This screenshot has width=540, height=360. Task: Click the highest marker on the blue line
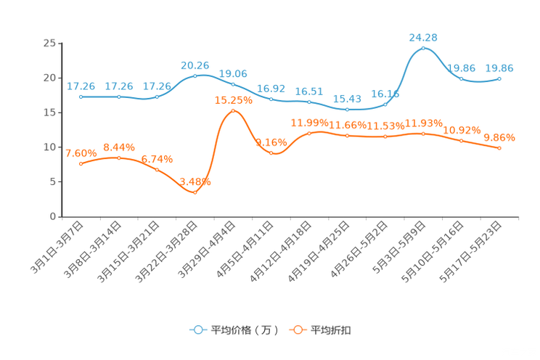pyautogui.click(x=423, y=48)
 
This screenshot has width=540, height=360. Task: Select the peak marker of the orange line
pyautogui.click(x=233, y=111)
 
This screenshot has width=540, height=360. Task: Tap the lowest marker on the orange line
pyautogui.click(x=195, y=192)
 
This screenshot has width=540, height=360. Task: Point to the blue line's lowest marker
pyautogui.click(x=348, y=110)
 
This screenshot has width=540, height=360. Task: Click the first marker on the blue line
pyautogui.click(x=81, y=97)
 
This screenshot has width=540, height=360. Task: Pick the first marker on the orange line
pyautogui.click(x=81, y=164)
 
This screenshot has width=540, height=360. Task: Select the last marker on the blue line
pyautogui.click(x=499, y=78)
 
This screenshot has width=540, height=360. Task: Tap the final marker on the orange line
pyautogui.click(x=499, y=148)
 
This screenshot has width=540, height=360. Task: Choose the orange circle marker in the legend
pyautogui.click(x=298, y=330)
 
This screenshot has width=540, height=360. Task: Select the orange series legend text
pyautogui.click(x=332, y=330)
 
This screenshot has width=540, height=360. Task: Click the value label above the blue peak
pyautogui.click(x=423, y=36)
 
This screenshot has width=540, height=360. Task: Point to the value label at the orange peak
pyautogui.click(x=233, y=101)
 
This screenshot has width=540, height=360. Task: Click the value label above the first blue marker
pyautogui.click(x=81, y=86)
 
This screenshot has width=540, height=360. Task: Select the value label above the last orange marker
pyautogui.click(x=499, y=136)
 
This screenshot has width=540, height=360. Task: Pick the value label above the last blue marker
pyautogui.click(x=499, y=67)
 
